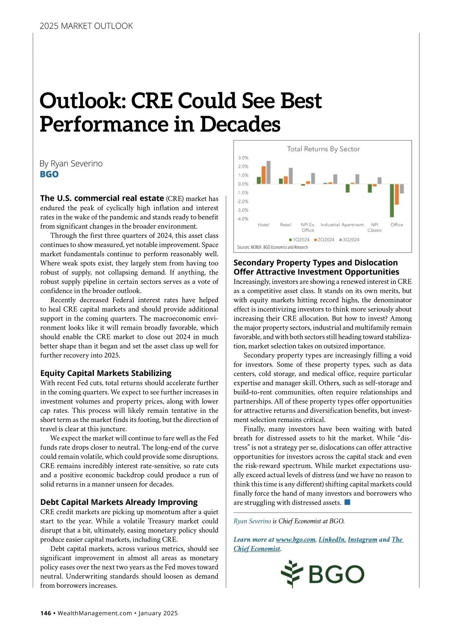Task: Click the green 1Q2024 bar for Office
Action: tap(392, 200)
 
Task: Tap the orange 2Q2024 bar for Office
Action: tap(397, 194)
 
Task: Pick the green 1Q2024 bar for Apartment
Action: tap(347, 188)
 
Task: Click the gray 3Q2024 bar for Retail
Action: tap(291, 176)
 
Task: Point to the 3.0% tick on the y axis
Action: tap(243, 158)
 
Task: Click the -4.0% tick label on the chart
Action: tap(243, 219)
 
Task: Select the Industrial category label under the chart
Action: tap(330, 225)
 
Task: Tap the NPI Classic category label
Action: tap(374, 227)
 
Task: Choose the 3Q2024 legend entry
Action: tap(349, 240)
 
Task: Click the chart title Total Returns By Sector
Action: tap(323, 149)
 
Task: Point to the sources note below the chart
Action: tap(272, 247)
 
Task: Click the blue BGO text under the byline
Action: tap(49, 174)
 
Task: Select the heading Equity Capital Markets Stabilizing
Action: tap(105, 373)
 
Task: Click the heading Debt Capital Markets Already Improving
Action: tap(119, 502)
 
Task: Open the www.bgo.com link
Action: tap(296, 540)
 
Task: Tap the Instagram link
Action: tap(362, 540)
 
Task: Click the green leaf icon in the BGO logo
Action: tap(292, 574)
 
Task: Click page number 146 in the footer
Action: tap(46, 613)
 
